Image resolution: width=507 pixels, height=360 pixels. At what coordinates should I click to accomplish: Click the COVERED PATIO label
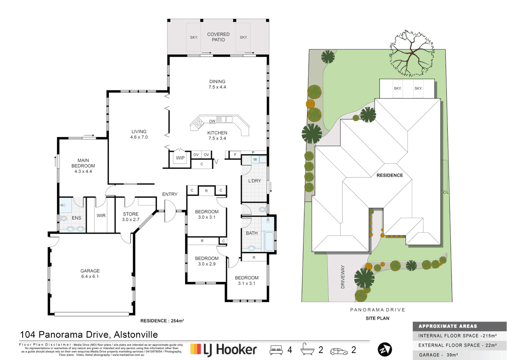click(x=218, y=37)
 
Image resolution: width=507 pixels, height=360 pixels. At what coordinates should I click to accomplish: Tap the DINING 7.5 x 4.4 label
click(x=217, y=84)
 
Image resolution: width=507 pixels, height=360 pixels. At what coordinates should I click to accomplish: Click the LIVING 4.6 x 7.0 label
click(x=139, y=134)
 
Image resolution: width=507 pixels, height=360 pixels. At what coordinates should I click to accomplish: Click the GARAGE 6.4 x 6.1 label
click(x=90, y=274)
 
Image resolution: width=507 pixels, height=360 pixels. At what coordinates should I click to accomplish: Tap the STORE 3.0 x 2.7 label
click(x=131, y=217)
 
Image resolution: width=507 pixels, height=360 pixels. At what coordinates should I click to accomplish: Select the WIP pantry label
click(x=180, y=158)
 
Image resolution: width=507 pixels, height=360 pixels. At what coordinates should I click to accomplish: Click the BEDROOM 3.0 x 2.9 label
click(x=207, y=261)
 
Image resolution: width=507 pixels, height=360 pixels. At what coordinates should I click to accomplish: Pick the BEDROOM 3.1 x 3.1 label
click(x=247, y=280)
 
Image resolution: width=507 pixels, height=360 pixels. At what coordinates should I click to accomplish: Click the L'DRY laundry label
click(x=254, y=181)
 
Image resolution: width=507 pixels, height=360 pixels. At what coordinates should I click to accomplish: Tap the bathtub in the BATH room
click(x=269, y=241)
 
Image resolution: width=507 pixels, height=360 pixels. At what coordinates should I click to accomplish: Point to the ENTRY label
click(x=170, y=194)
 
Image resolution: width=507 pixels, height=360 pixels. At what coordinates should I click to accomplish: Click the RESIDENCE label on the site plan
click(x=389, y=175)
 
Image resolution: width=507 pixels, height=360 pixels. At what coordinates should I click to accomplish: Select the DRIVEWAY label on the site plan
click(x=343, y=277)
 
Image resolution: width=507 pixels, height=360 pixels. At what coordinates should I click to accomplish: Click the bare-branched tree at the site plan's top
click(x=412, y=53)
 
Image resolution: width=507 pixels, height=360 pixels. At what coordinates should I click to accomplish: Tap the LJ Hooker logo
click(x=224, y=350)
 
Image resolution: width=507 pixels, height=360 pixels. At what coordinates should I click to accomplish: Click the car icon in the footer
click(x=339, y=351)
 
